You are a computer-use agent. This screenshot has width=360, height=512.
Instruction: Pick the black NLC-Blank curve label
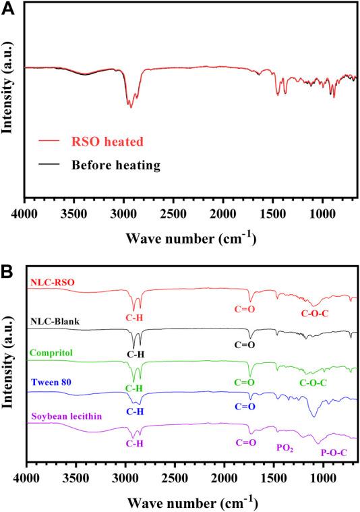click(54, 321)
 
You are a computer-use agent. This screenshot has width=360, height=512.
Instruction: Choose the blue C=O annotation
click(245, 407)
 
